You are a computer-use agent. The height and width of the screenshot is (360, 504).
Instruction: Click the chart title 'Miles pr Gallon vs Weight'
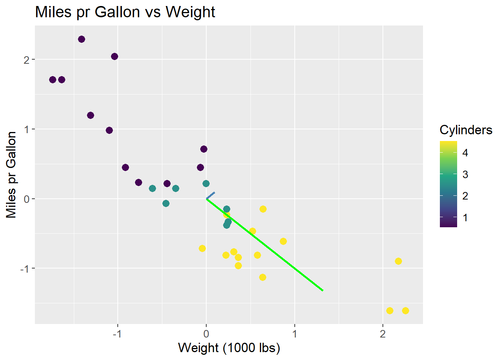(x=125, y=12)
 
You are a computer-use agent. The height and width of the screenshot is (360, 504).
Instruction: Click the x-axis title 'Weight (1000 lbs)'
(x=229, y=348)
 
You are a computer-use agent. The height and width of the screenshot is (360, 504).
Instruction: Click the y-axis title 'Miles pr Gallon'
(x=11, y=174)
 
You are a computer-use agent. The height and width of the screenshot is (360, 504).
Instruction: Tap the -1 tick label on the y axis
(x=25, y=268)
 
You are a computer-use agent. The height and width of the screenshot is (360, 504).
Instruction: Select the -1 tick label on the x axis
(x=117, y=334)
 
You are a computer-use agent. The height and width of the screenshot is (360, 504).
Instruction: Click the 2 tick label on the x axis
(x=382, y=334)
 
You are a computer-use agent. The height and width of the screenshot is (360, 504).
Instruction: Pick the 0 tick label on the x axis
(x=206, y=334)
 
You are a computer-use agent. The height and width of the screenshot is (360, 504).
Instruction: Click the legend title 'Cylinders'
(x=466, y=130)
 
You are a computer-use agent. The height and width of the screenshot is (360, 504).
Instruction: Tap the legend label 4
(x=465, y=153)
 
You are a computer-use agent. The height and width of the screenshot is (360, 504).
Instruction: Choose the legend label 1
(x=465, y=218)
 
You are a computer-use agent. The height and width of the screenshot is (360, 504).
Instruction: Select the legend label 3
(x=465, y=174)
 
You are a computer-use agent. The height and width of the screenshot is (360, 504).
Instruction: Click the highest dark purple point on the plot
(x=81, y=39)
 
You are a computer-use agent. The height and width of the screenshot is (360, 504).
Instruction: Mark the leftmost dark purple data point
(x=52, y=79)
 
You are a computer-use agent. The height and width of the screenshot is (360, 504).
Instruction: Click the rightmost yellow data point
(x=405, y=310)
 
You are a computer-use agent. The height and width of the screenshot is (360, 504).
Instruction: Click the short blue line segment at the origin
(x=210, y=195)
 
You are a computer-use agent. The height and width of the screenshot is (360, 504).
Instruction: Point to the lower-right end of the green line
(x=322, y=290)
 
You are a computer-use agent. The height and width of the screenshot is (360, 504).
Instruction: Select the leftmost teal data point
(x=152, y=188)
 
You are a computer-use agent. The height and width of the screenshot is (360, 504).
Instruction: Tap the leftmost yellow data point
(x=202, y=248)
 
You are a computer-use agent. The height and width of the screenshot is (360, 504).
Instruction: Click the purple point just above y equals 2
(x=114, y=56)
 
